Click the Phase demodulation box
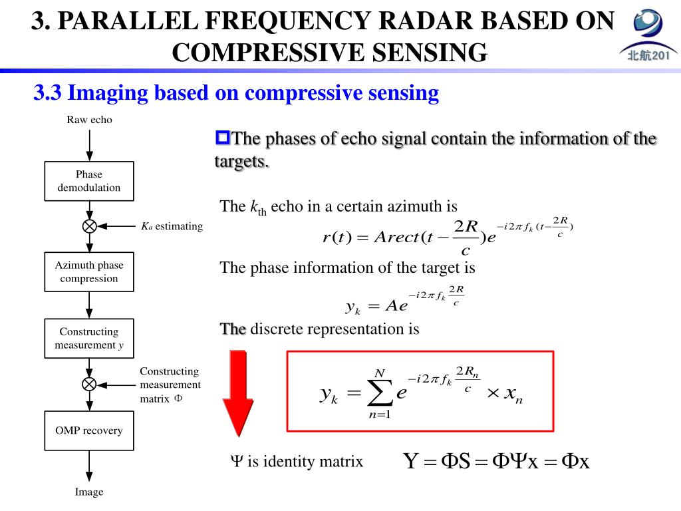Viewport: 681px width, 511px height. point(89,181)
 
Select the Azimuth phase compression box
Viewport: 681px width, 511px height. point(89,271)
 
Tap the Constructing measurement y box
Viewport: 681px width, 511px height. point(89,338)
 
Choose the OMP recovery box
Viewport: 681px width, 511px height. point(89,430)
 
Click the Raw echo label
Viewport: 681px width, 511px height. point(89,120)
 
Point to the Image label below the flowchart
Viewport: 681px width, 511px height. point(89,492)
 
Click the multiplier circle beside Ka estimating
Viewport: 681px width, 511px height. point(89,226)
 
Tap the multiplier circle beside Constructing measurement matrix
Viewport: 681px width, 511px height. point(89,384)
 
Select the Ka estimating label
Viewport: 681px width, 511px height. point(172,226)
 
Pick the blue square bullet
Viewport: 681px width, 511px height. point(222,138)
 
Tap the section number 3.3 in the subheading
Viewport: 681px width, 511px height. point(47,93)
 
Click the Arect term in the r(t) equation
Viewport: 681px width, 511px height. point(396,238)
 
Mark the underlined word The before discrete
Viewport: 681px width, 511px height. point(233,329)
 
